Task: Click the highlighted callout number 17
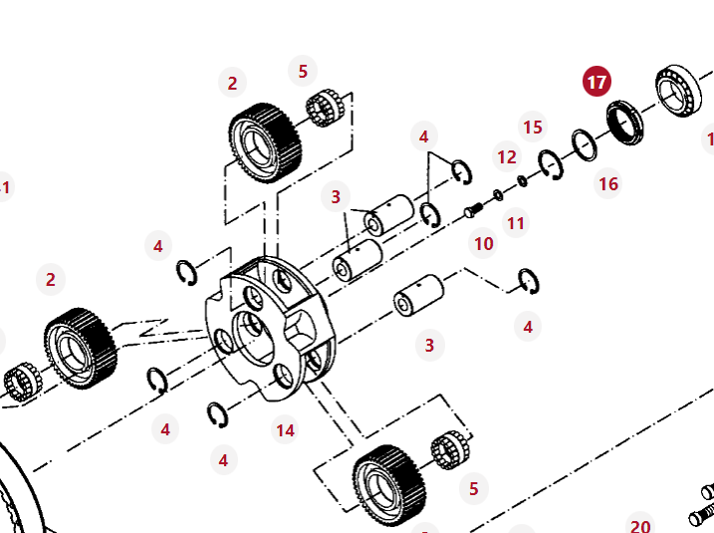[596, 82]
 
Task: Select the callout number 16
[608, 183]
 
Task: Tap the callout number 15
[533, 127]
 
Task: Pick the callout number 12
[507, 156]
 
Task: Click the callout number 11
[515, 223]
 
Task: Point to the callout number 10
[484, 243]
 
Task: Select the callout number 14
[286, 430]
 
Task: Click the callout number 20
[640, 526]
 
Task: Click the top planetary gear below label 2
[265, 142]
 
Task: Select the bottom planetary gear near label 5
[389, 484]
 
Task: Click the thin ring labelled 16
[585, 145]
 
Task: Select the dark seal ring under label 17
[626, 123]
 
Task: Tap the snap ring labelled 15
[551, 164]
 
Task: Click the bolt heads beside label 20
[702, 504]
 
